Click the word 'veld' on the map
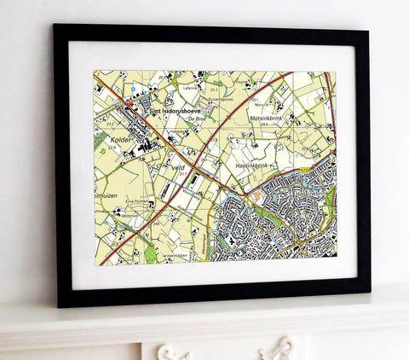178,169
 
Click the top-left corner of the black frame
55,26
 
